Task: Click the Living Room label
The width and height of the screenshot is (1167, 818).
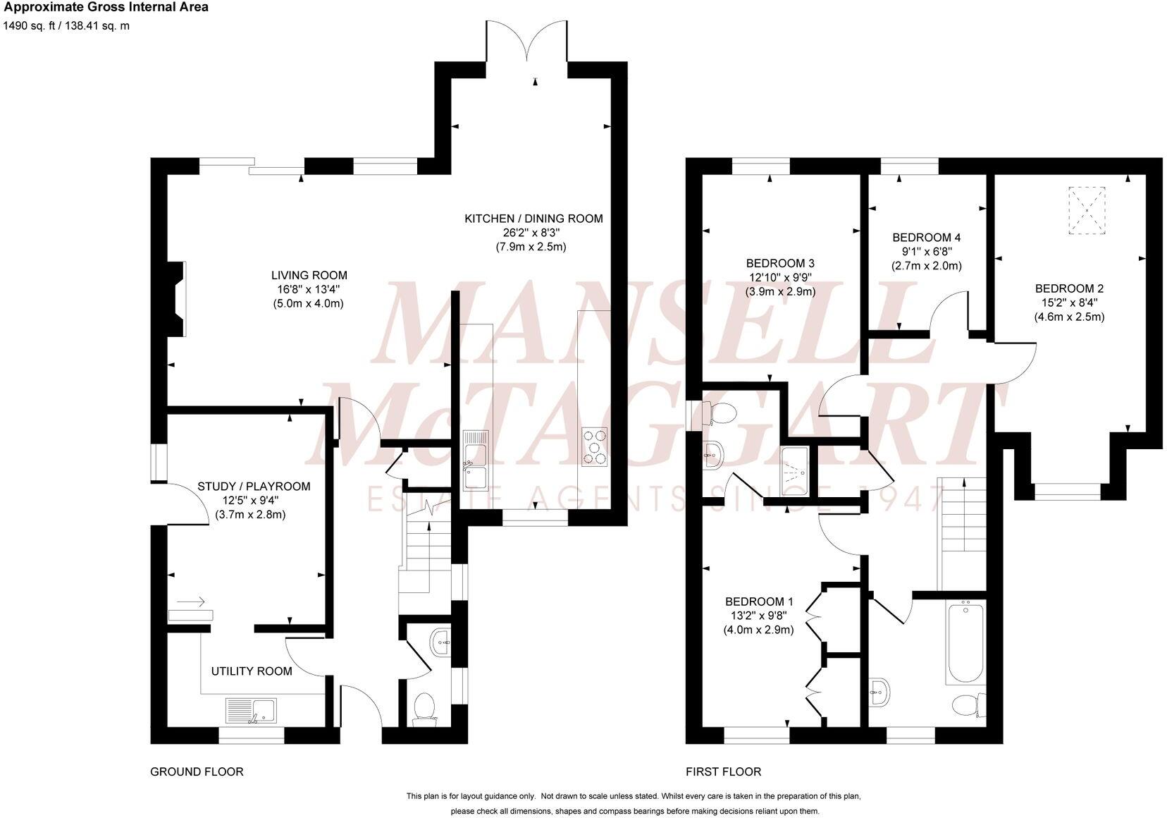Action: (x=309, y=275)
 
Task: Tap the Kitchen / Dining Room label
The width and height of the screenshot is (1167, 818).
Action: (x=533, y=219)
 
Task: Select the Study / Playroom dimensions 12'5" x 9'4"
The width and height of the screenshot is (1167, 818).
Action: (x=251, y=501)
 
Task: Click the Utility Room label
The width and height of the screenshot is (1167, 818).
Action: (x=252, y=671)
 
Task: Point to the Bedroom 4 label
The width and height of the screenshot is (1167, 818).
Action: (x=926, y=238)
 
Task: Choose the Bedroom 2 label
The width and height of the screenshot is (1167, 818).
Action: (x=1069, y=288)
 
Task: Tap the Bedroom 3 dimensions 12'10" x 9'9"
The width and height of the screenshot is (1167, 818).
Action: (x=781, y=277)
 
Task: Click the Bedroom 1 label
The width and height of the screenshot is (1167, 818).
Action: (x=759, y=602)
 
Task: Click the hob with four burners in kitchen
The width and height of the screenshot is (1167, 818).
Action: (x=594, y=447)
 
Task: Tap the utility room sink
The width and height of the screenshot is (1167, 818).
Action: (x=252, y=710)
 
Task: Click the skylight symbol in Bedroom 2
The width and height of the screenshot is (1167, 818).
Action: (x=1087, y=210)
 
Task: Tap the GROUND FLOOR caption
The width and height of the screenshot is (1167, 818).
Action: (x=197, y=771)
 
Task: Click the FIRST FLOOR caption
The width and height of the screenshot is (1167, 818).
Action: (x=723, y=771)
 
